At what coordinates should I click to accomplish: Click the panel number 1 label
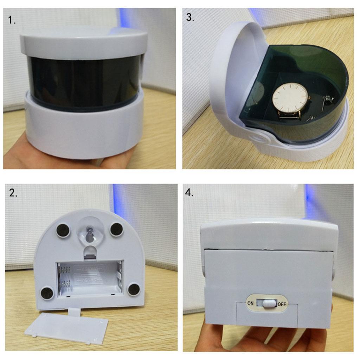[12, 20]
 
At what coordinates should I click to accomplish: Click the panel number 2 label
[13, 193]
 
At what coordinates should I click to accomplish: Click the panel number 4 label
[189, 193]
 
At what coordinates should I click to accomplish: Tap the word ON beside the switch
[250, 303]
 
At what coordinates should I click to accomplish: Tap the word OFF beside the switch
[282, 304]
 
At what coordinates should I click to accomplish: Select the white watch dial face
[290, 97]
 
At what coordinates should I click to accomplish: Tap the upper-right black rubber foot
[116, 230]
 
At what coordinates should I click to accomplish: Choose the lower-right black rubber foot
[134, 289]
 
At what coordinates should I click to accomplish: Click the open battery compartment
[90, 278]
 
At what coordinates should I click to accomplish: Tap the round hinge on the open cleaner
[260, 138]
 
